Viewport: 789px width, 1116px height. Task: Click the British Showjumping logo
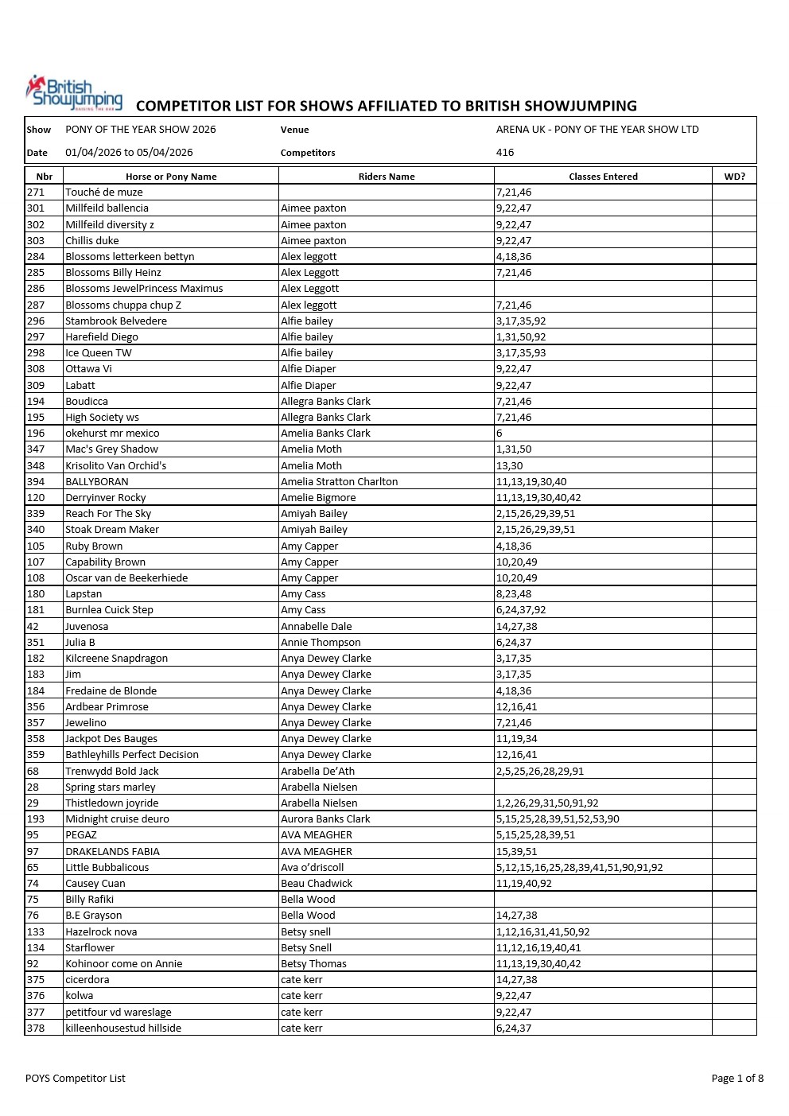click(x=74, y=92)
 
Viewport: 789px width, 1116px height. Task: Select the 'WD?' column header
click(x=734, y=177)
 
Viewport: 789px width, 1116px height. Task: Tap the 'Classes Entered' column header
click(x=603, y=177)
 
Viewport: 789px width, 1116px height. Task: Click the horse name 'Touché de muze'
click(x=104, y=192)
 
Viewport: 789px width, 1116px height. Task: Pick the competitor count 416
click(x=505, y=152)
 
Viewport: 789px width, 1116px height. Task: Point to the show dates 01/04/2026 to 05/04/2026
click(x=129, y=152)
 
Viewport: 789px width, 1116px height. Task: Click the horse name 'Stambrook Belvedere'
click(x=116, y=321)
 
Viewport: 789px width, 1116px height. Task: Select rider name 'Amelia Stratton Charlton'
click(x=339, y=481)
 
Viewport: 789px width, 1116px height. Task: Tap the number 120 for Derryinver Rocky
click(x=36, y=497)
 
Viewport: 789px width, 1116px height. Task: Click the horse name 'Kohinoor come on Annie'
click(x=124, y=963)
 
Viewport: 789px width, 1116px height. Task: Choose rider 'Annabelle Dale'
click(x=316, y=626)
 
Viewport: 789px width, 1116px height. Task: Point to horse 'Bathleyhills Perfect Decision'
click(x=132, y=754)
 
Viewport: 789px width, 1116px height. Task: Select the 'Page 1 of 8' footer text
click(x=737, y=1078)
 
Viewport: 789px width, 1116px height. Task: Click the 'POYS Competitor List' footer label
click(x=76, y=1078)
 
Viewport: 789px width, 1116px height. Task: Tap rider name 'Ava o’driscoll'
click(x=312, y=867)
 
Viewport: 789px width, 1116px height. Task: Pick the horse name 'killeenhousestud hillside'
click(x=123, y=1028)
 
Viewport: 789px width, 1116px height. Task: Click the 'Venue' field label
click(x=294, y=130)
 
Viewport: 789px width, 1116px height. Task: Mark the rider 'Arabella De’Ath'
click(x=317, y=771)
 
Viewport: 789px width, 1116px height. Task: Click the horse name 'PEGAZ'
click(x=81, y=834)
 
